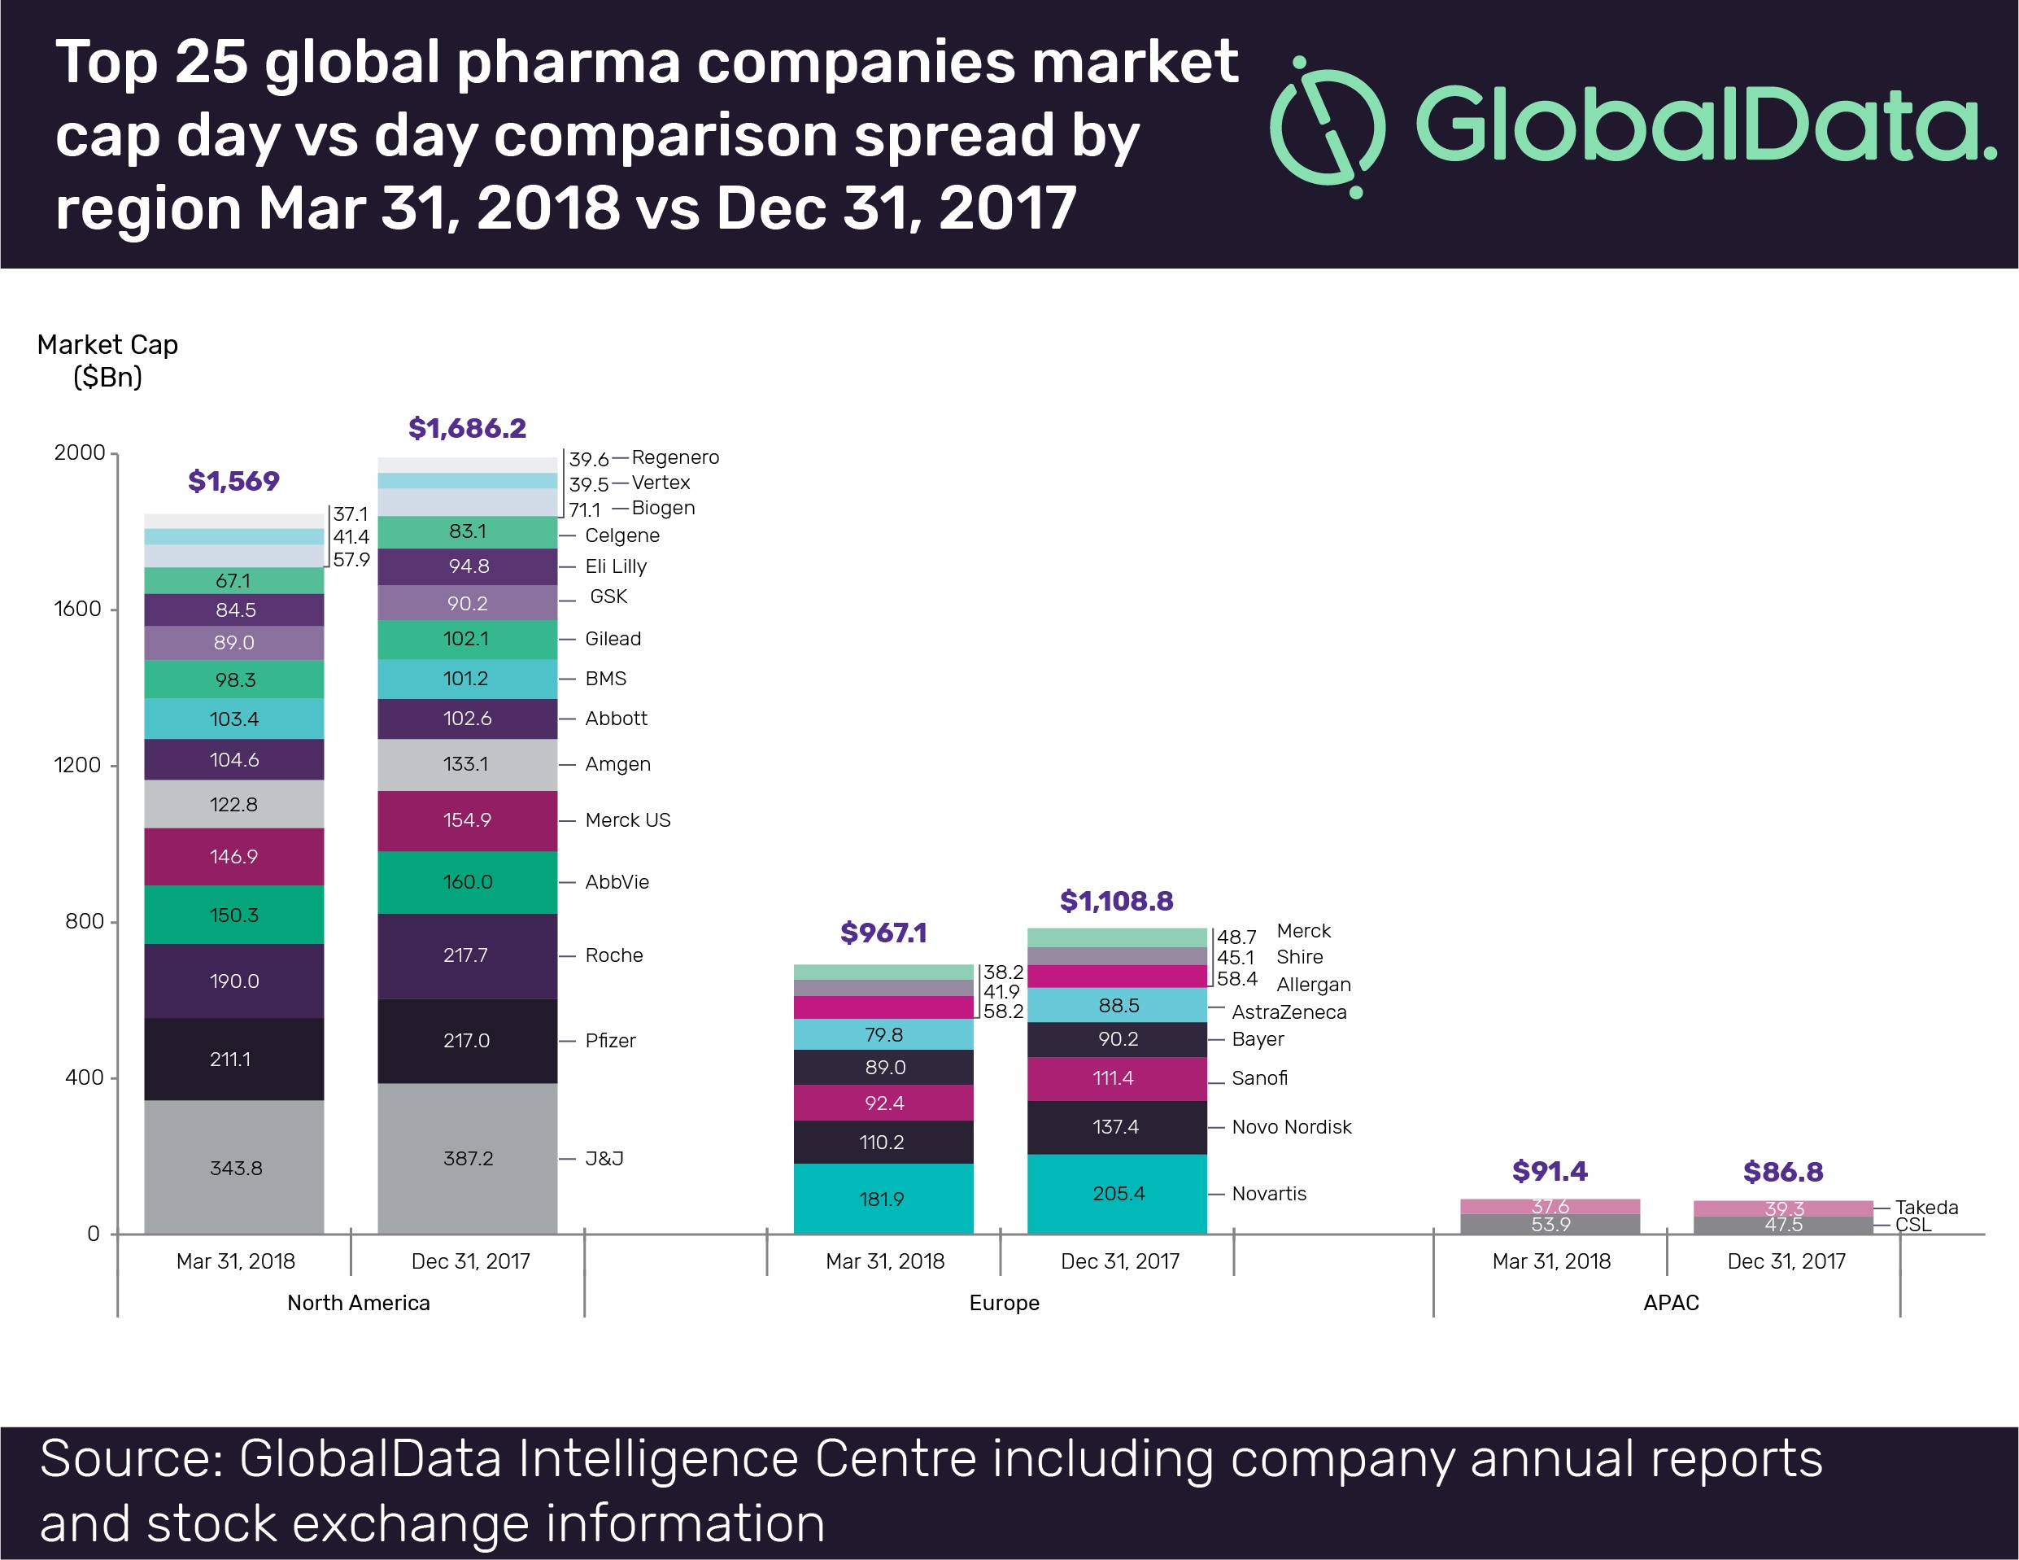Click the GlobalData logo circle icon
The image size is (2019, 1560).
(x=1328, y=127)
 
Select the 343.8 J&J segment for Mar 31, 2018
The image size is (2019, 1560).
(x=234, y=1167)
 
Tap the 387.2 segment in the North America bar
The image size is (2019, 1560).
(x=468, y=1158)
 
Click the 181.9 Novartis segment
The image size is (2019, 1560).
(x=883, y=1199)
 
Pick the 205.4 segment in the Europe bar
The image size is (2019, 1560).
(x=1117, y=1193)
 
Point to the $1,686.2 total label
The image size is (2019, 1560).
(x=467, y=428)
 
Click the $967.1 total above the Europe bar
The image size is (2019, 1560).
(x=883, y=933)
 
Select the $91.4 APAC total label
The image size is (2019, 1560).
(x=1550, y=1172)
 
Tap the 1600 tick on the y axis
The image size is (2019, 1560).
(x=79, y=609)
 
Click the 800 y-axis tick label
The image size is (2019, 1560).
(x=84, y=921)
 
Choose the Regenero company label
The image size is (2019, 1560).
(x=675, y=457)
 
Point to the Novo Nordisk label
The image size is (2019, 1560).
(x=1292, y=1126)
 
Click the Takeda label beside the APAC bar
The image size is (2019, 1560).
(x=1925, y=1207)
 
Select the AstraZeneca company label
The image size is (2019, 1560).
(x=1289, y=1012)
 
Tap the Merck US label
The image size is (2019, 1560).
(x=628, y=820)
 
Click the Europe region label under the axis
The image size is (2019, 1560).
(x=1004, y=1302)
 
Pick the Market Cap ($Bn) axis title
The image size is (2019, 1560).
(x=107, y=361)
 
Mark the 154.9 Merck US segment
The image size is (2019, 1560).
(x=468, y=820)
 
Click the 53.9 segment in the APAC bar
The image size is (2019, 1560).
(x=1550, y=1225)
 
